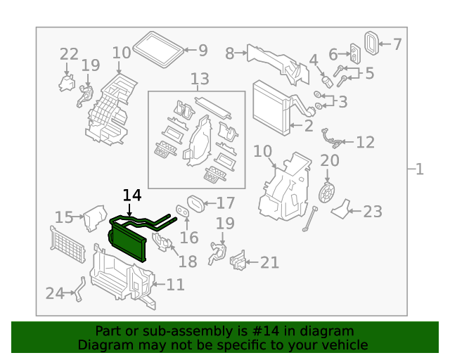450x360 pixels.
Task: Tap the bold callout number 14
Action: [131, 195]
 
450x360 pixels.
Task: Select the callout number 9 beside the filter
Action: [202, 50]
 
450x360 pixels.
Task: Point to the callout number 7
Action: [397, 45]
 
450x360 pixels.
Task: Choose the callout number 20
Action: [330, 160]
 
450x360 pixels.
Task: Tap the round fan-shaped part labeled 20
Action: [326, 192]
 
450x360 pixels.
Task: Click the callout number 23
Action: [372, 210]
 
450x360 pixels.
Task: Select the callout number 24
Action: [55, 292]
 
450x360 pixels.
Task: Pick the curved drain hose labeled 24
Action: [78, 290]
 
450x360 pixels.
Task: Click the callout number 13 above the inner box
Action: [200, 79]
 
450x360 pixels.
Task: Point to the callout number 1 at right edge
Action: [419, 169]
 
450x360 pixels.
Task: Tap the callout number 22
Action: [69, 54]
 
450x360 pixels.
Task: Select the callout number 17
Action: [225, 203]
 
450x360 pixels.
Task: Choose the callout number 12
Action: [365, 143]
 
